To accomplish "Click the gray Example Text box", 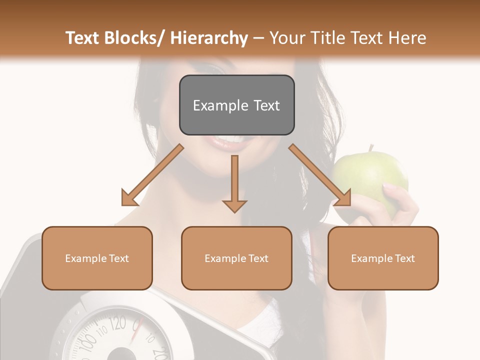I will (236, 105).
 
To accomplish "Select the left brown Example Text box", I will (97, 258).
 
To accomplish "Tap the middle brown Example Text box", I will (236, 258).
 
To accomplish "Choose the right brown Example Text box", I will (383, 258).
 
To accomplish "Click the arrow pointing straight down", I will (234, 185).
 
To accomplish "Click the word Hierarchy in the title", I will (209, 38).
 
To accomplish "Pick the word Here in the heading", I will (407, 38).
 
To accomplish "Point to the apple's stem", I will (371, 148).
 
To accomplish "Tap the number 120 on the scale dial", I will (117, 324).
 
